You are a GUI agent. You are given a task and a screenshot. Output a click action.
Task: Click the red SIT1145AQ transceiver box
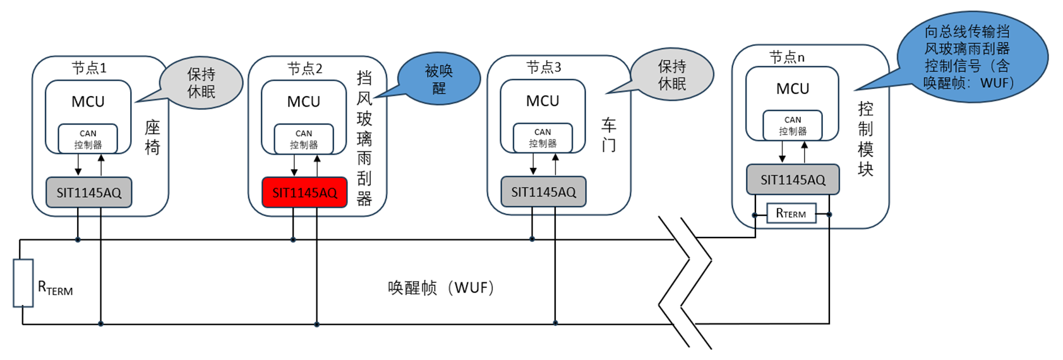[304, 193]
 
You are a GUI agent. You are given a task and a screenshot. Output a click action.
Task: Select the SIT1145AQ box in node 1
[89, 193]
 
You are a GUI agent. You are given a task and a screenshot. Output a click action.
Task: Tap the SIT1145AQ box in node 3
[543, 191]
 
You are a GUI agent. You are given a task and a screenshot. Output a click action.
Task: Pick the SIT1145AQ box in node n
[793, 179]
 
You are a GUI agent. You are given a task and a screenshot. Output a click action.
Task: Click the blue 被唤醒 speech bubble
[439, 79]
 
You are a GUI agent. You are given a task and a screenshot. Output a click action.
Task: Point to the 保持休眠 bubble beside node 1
[201, 83]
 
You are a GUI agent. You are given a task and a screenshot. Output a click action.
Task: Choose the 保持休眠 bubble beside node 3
[671, 75]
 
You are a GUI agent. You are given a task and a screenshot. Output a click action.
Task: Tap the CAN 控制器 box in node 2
[304, 139]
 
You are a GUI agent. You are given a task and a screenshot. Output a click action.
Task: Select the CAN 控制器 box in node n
[793, 125]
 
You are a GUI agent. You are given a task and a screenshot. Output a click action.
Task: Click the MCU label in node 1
[88, 102]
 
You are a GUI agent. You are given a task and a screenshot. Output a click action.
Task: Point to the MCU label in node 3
[543, 101]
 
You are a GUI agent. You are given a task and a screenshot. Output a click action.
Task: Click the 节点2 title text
[305, 68]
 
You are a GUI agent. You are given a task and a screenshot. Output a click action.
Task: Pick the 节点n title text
[787, 57]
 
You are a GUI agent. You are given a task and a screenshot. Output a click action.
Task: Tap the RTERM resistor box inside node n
[791, 213]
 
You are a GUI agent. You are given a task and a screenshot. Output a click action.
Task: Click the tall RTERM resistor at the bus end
[23, 282]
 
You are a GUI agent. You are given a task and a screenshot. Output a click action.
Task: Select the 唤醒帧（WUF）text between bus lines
[440, 288]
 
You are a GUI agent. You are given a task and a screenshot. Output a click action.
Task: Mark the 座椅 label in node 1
[152, 137]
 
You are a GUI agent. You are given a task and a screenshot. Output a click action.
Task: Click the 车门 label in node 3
[608, 135]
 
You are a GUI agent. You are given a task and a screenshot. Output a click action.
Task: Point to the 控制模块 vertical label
[865, 139]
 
